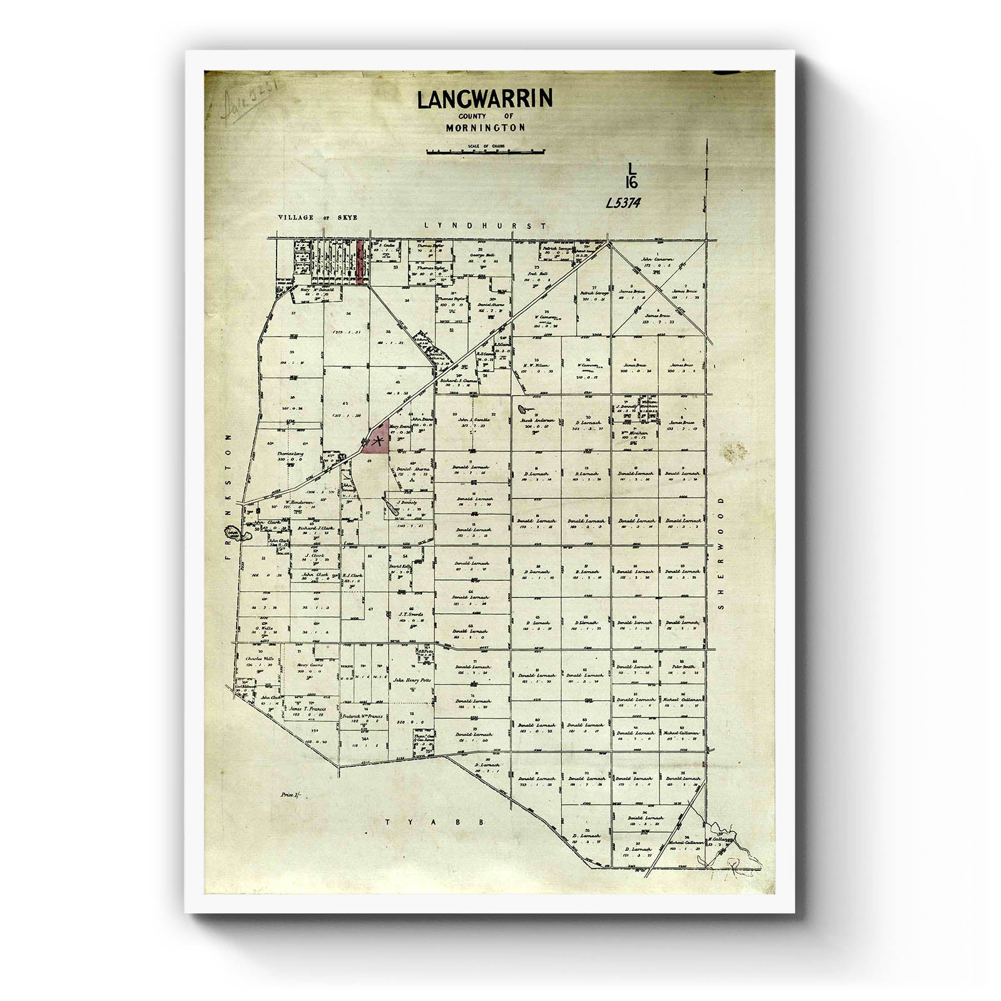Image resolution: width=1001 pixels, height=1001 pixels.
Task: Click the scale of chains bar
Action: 485,151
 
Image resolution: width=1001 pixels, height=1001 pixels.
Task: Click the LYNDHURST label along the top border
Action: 485,226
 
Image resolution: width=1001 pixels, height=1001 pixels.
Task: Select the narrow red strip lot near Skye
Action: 360,263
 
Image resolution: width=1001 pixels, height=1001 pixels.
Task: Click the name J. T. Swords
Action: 411,614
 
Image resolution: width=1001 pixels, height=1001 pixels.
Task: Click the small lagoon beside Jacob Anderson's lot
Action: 521,410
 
